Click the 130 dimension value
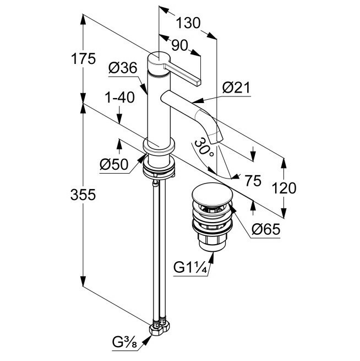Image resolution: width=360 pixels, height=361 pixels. [x=188, y=23]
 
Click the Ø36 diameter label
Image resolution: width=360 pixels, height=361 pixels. [x=122, y=69]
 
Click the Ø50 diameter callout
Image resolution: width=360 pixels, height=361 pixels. [x=113, y=164]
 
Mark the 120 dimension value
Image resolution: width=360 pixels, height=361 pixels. [x=284, y=188]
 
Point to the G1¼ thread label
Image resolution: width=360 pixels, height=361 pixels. [x=189, y=268]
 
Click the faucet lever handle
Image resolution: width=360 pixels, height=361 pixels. [x=184, y=72]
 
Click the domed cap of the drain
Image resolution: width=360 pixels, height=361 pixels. [x=212, y=196]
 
